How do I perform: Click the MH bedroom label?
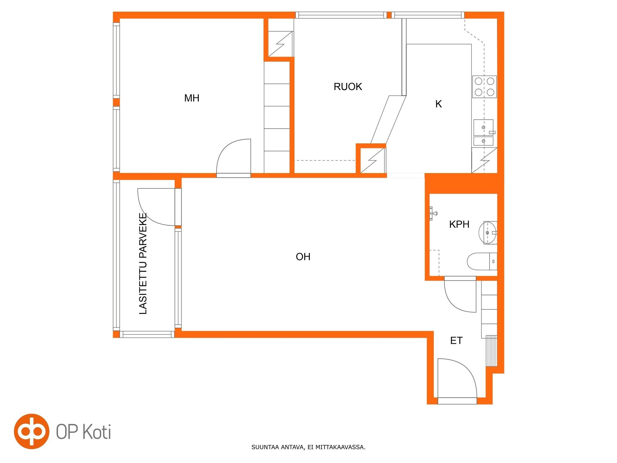(192, 98)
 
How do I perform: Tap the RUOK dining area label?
(348, 87)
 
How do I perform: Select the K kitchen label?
(439, 104)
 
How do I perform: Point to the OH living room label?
(303, 257)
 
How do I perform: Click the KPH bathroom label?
(459, 224)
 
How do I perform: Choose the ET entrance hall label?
(456, 341)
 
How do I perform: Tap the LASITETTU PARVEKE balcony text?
(143, 264)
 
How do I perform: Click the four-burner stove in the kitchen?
(485, 86)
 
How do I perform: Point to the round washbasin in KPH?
(488, 233)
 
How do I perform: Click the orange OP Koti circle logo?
(32, 431)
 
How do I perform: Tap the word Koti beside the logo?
(97, 432)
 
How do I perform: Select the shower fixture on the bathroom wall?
(433, 214)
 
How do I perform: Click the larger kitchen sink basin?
(483, 127)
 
